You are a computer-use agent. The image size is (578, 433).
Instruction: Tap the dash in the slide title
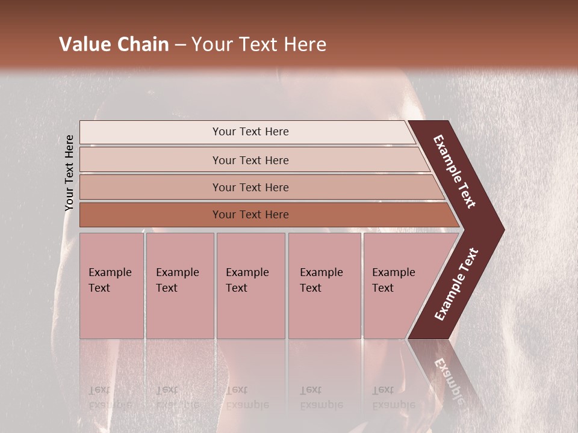click(x=180, y=45)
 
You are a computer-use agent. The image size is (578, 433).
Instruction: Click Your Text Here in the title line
click(x=259, y=45)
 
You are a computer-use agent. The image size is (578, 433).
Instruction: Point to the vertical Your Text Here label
click(x=69, y=173)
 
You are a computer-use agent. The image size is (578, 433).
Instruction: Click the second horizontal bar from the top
click(x=250, y=160)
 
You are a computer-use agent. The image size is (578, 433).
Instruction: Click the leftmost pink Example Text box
click(x=111, y=286)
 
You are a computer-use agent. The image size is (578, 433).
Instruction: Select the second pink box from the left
click(x=179, y=286)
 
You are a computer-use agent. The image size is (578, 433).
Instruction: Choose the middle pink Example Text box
click(x=250, y=286)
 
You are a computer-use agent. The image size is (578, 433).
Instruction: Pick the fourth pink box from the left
click(x=325, y=286)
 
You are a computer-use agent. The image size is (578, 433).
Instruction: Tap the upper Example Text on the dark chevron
click(x=455, y=171)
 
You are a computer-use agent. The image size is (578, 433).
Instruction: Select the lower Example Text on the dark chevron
click(x=456, y=284)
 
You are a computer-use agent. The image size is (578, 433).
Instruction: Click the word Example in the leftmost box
click(x=110, y=272)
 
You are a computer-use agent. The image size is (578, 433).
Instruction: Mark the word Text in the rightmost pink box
click(x=382, y=288)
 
